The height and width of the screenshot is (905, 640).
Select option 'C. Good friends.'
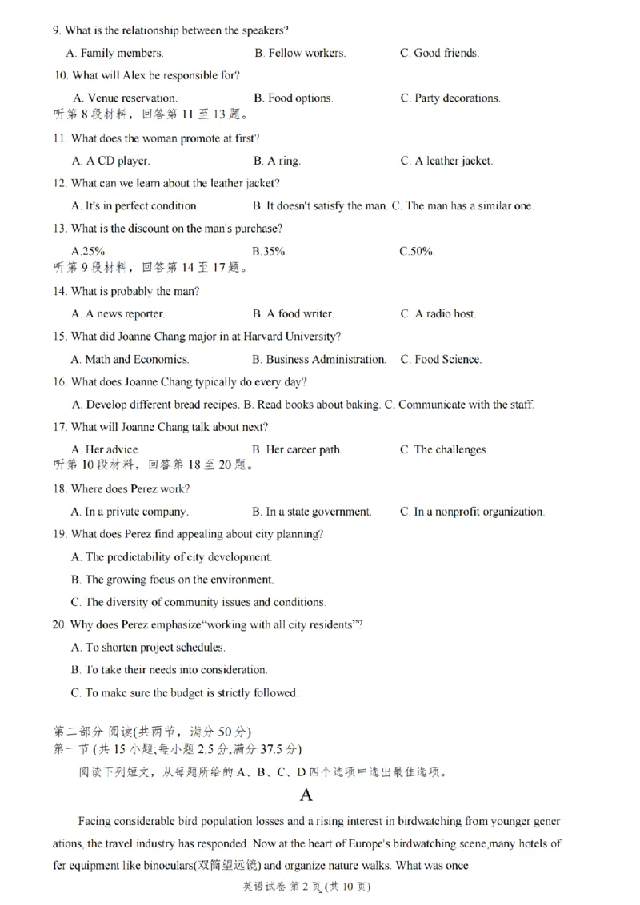click(439, 53)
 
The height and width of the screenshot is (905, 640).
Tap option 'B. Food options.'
click(293, 98)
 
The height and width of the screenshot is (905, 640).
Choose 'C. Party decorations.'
click(450, 98)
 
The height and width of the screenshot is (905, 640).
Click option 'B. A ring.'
click(277, 161)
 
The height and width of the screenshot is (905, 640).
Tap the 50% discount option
click(417, 251)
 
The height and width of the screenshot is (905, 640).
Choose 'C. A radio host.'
click(438, 314)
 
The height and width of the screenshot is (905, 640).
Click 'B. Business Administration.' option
click(318, 360)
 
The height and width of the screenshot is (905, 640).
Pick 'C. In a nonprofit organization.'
click(472, 512)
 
